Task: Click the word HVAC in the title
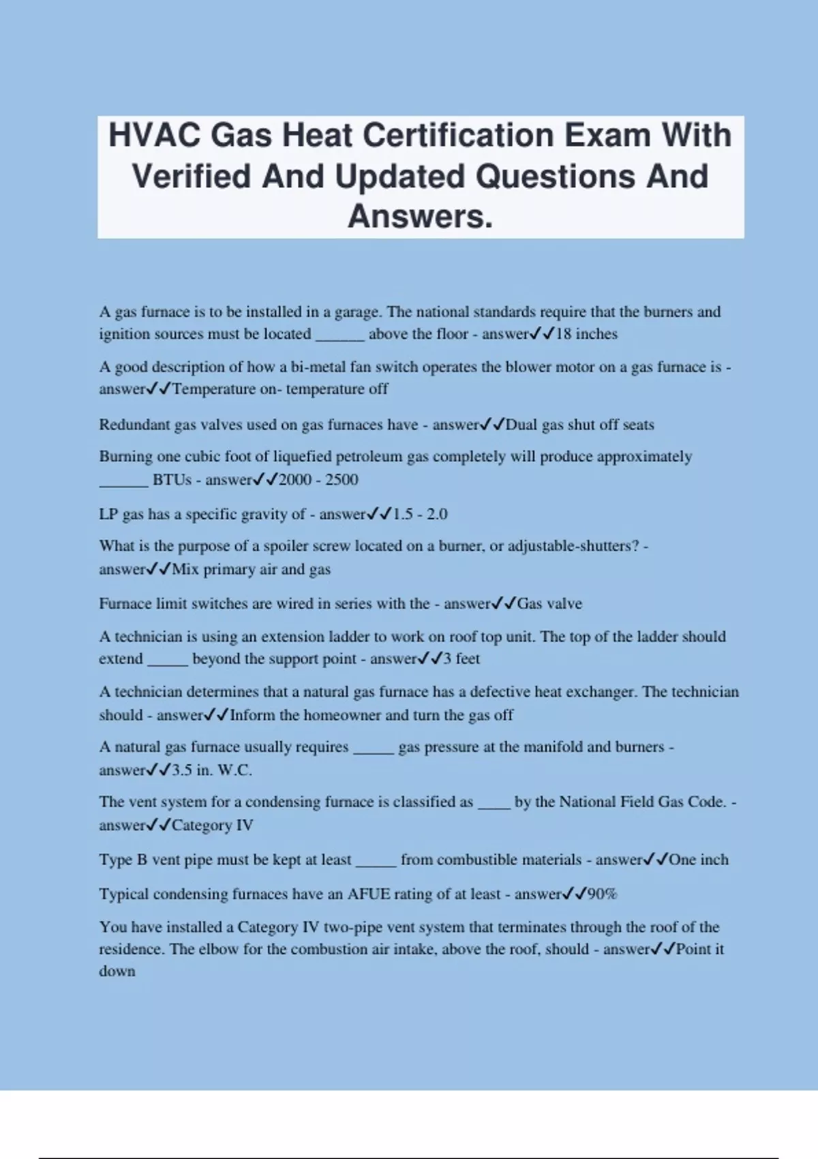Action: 154,135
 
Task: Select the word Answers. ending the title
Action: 420,217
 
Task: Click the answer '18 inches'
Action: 586,334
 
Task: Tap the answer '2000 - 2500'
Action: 318,480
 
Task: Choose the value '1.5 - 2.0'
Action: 420,514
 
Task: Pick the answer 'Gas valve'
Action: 549,603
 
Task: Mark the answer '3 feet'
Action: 461,659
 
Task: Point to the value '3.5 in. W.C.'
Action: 212,770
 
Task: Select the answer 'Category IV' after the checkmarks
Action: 212,826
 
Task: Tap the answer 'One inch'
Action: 698,860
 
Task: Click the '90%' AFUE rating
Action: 602,894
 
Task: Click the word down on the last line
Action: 117,972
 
